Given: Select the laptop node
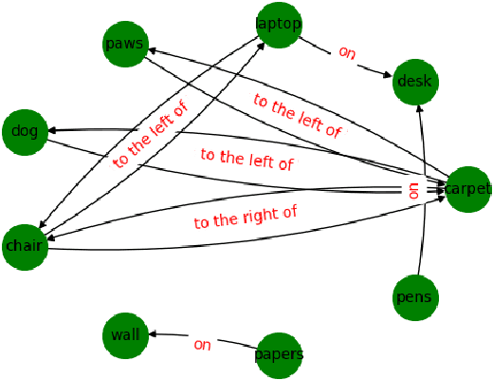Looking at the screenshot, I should [279, 23].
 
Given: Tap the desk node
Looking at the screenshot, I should [414, 81].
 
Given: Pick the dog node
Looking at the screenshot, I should [26, 131].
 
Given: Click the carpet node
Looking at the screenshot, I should [468, 188].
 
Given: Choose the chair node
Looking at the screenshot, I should [25, 246].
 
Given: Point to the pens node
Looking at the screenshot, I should [414, 297].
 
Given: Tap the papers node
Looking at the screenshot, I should [279, 355].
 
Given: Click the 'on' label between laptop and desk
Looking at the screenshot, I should [346, 53].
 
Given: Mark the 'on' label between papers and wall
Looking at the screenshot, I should [202, 344].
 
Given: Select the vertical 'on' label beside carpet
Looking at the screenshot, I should [412, 189].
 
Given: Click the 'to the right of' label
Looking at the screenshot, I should [246, 218].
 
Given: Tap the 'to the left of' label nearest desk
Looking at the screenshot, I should [296, 116].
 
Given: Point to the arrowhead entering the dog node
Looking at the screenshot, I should [54, 130].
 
